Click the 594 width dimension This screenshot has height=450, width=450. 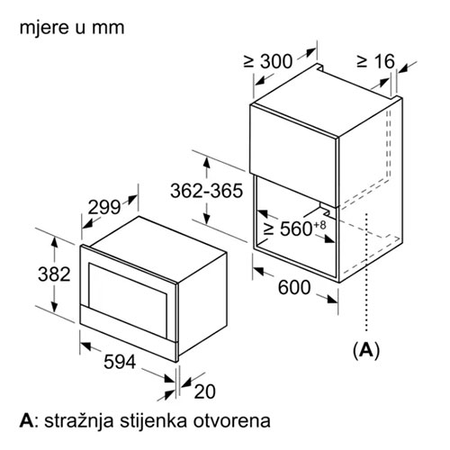tap(120, 362)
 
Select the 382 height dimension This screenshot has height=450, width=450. tap(54, 274)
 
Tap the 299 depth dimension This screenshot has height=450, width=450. tap(104, 207)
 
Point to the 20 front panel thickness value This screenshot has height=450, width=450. tap(204, 391)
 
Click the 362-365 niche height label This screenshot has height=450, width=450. tap(206, 191)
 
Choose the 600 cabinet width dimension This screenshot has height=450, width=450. tap(294, 287)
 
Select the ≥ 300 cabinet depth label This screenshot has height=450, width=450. tap(267, 61)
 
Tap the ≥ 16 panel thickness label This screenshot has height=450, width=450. tap(375, 61)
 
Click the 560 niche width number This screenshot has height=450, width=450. tap(296, 229)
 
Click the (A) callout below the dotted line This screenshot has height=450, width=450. tap(366, 350)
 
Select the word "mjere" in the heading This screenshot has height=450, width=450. tap(41, 28)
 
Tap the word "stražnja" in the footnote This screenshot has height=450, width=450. tap(79, 421)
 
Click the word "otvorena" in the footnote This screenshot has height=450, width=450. tap(231, 421)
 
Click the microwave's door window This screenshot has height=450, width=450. tap(127, 300)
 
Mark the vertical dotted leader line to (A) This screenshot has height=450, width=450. tap(366, 273)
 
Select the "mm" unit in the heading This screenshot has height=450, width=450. tap(108, 29)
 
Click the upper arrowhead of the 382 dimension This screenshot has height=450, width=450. tap(54, 241)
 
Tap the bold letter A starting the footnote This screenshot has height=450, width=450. tap(26, 421)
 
